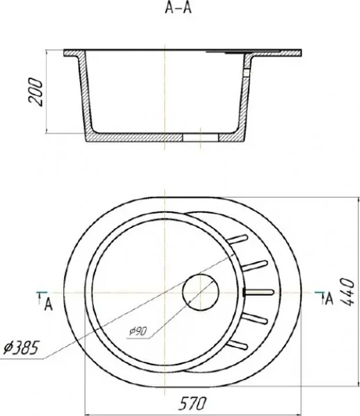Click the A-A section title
click(178, 8)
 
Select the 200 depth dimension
click(36, 92)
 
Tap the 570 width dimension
click(192, 403)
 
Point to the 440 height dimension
click(347, 291)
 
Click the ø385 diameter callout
click(22, 348)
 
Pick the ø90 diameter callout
click(138, 331)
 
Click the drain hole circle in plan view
click(201, 292)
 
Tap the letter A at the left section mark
click(48, 305)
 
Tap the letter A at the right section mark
click(329, 299)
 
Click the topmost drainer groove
click(237, 239)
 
